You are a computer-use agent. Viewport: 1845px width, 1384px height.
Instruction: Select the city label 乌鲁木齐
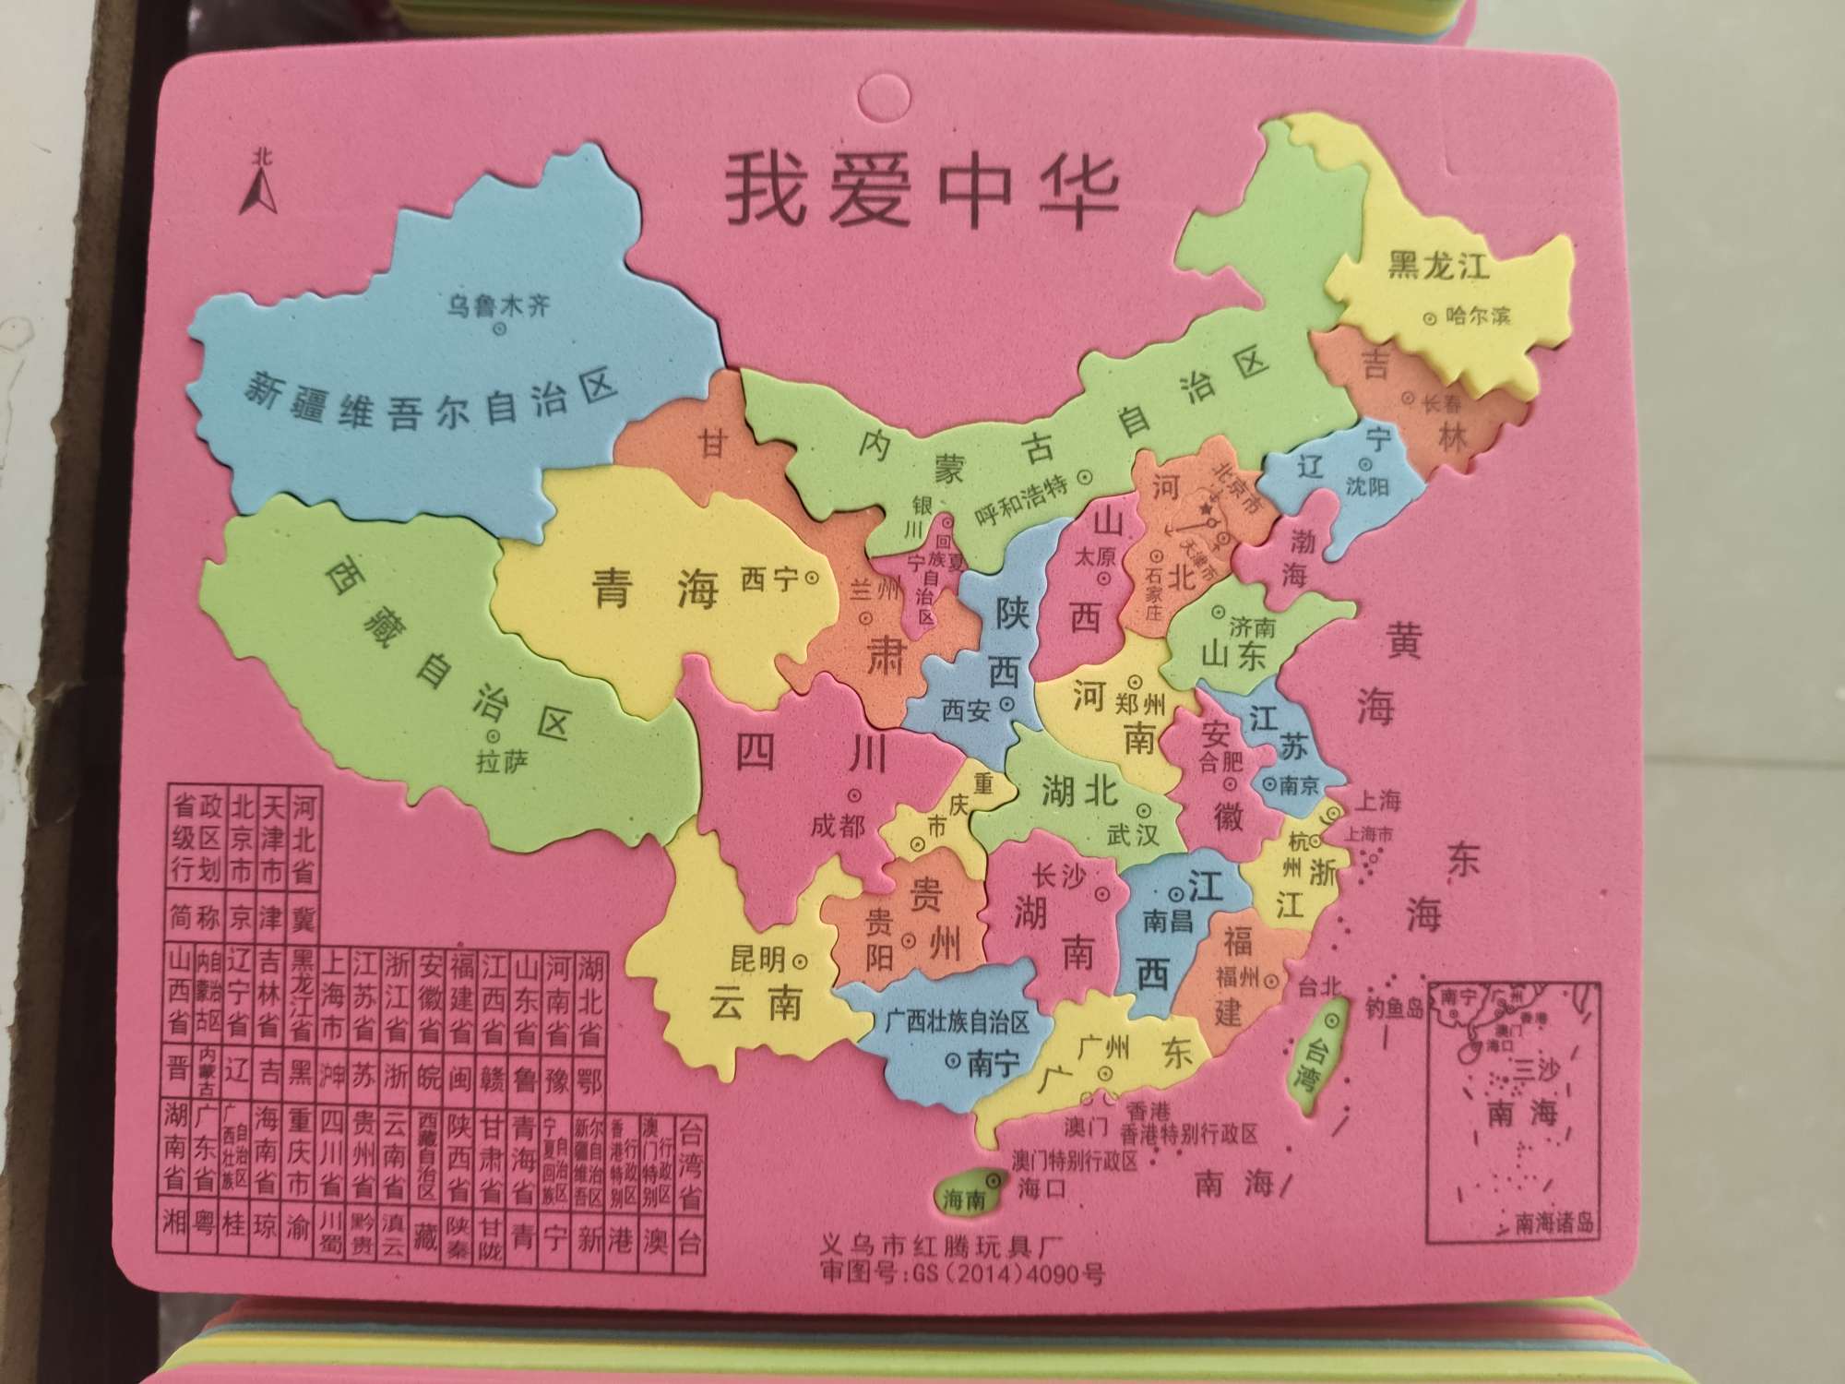[x=498, y=304]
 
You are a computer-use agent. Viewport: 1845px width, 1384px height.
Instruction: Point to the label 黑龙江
[x=1439, y=267]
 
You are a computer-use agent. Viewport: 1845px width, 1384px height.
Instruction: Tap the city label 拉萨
[x=501, y=762]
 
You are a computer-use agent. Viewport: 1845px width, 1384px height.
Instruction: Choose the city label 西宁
[x=769, y=579]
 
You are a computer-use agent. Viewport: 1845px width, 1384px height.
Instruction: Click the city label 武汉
[x=1133, y=836]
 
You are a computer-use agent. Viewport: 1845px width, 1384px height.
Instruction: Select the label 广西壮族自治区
[x=956, y=1022]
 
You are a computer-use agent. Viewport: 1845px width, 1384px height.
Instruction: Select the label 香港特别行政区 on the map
[x=1189, y=1133]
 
